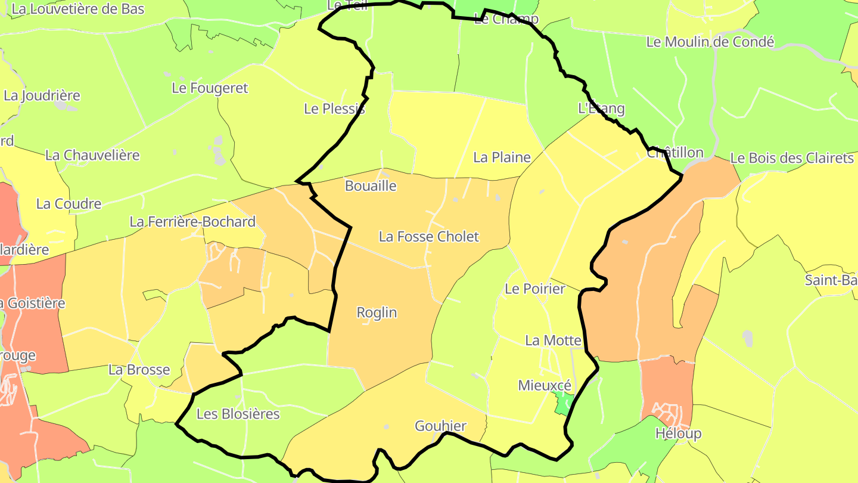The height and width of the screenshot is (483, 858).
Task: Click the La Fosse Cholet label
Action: (428, 237)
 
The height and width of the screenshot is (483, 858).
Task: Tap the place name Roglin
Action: (377, 312)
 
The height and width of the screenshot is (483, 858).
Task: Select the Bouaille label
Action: (371, 186)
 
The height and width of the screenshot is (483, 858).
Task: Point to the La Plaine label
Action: (502, 157)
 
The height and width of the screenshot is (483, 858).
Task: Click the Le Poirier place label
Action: (534, 289)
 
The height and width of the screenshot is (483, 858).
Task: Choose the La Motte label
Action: (552, 340)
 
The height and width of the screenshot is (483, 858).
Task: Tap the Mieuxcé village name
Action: (545, 385)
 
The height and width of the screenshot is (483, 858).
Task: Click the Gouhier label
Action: (440, 426)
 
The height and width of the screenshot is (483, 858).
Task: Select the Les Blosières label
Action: (238, 414)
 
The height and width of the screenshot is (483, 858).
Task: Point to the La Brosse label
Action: (139, 370)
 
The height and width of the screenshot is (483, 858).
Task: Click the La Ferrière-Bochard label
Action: (192, 222)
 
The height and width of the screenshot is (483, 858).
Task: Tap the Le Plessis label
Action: (334, 109)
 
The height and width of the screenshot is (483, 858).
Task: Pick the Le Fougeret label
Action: (210, 88)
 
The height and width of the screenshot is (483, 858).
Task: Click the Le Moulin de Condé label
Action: (710, 42)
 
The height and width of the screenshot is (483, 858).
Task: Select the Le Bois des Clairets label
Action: (792, 158)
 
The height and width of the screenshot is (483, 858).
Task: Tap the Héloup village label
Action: (678, 434)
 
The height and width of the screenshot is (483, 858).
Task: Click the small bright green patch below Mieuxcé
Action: (562, 405)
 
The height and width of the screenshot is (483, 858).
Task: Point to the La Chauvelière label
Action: (92, 155)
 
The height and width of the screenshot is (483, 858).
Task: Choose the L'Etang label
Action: (601, 109)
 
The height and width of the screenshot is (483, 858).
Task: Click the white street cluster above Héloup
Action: (667, 412)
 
